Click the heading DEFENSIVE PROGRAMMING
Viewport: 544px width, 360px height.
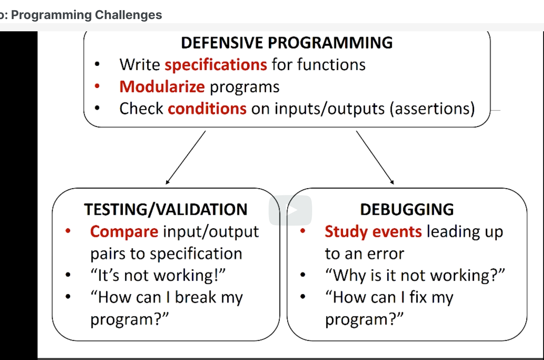pos(287,43)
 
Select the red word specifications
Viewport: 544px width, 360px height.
pos(216,65)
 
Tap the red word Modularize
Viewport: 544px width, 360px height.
pos(162,87)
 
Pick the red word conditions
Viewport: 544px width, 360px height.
pos(207,109)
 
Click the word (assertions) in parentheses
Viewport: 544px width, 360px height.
pos(432,109)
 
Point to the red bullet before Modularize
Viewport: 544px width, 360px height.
pos(97,86)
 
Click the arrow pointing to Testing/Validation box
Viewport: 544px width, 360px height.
pos(186,158)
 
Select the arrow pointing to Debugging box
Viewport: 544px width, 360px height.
pos(375,158)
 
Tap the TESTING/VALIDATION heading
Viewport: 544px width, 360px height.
pos(166,210)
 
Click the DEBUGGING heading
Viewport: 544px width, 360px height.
pos(407,210)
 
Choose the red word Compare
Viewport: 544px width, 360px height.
pos(124,232)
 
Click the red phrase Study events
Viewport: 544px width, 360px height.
pos(373,232)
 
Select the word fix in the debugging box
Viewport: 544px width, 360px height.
pos(418,297)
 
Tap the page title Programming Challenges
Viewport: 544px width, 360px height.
pos(86,15)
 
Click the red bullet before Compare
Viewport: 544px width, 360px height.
pos(68,231)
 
